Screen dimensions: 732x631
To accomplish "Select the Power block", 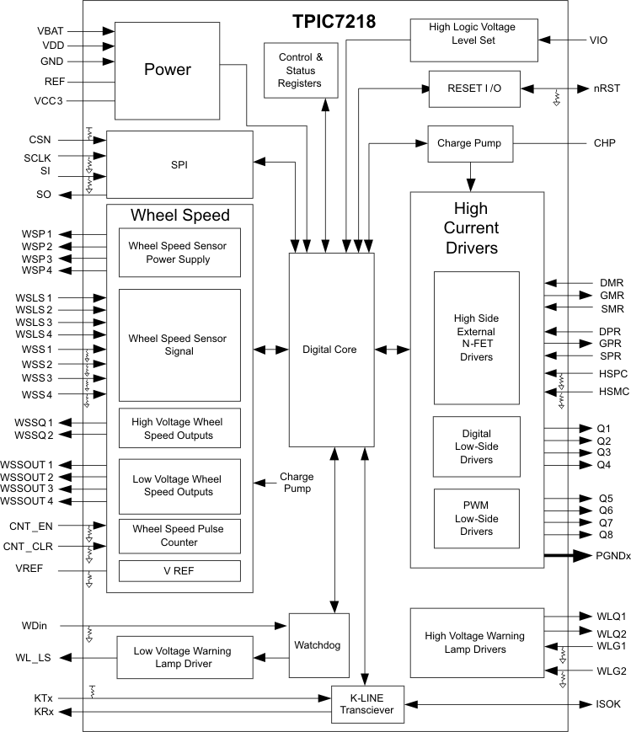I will click(167, 70).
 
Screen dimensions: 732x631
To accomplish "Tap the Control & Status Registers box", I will click(300, 70).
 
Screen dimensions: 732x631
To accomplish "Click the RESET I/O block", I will click(474, 89).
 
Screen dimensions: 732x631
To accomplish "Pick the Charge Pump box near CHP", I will click(469, 143).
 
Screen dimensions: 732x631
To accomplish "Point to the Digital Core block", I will click(331, 349).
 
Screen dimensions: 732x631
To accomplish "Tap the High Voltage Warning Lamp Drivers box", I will click(474, 643).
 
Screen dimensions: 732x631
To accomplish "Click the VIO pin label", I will click(597, 40).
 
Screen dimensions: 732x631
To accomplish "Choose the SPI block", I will click(179, 164).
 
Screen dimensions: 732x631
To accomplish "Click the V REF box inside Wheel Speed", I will click(179, 571).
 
